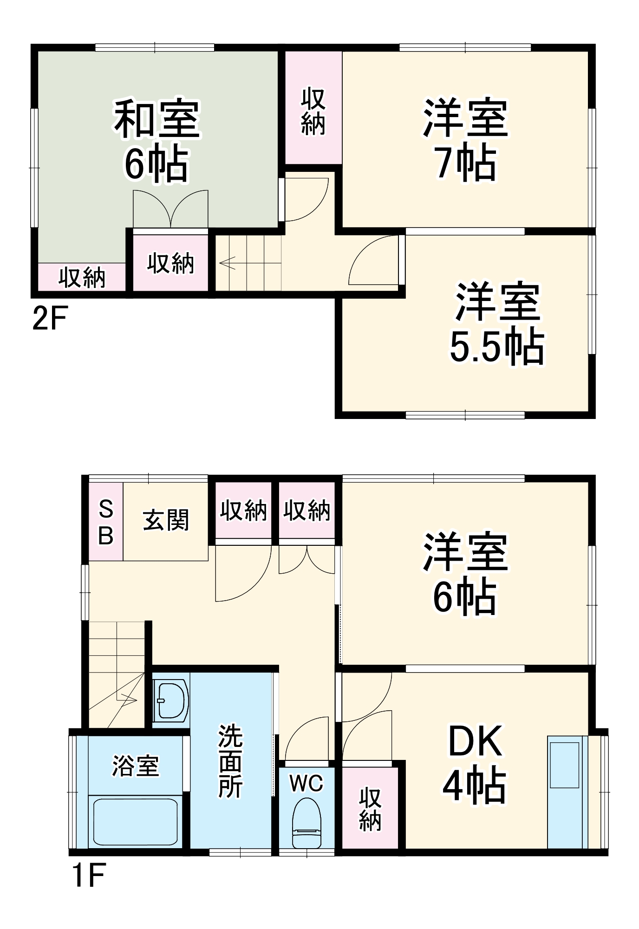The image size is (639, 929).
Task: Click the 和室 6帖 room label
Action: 157,141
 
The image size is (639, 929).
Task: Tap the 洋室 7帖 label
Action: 466,140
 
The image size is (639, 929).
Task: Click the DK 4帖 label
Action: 475,764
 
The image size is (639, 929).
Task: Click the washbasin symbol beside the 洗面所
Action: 171,700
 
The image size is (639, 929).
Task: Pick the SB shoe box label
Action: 106,523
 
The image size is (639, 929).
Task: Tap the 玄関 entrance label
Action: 166,520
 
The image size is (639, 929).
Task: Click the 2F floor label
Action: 50,318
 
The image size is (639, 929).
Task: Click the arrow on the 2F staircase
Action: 228,263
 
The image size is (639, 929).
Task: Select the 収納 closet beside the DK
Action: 370,809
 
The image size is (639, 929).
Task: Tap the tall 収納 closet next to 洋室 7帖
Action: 313,111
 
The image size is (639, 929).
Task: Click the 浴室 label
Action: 136,766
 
